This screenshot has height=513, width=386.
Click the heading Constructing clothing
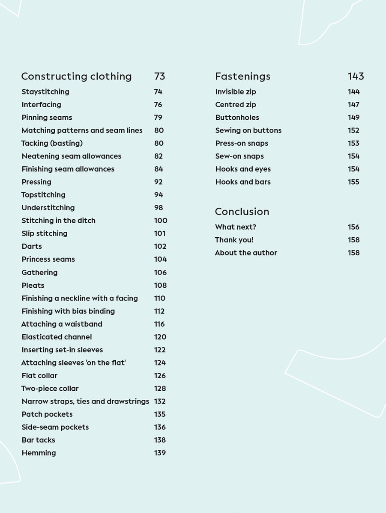click(76, 77)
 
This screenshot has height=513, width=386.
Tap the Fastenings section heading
click(242, 77)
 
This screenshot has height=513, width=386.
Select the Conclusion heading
click(242, 212)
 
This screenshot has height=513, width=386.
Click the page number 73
click(159, 77)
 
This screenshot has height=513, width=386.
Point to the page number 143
click(356, 77)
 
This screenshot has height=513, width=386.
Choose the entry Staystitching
click(45, 91)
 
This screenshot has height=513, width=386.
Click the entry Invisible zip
click(236, 91)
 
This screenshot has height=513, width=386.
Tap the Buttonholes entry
click(237, 118)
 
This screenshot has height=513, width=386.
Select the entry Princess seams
click(48, 259)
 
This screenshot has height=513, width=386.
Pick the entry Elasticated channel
click(57, 337)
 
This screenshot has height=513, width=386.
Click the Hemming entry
click(39, 453)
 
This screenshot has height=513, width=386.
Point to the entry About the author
click(246, 253)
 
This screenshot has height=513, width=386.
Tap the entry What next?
click(236, 227)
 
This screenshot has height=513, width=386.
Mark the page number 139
click(160, 453)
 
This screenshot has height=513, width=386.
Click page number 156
click(353, 227)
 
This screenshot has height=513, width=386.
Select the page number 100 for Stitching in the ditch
click(161, 221)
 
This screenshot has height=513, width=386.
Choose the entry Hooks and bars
click(243, 182)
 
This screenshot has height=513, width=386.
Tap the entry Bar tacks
click(38, 440)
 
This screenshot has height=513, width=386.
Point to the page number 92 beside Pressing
click(159, 182)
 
